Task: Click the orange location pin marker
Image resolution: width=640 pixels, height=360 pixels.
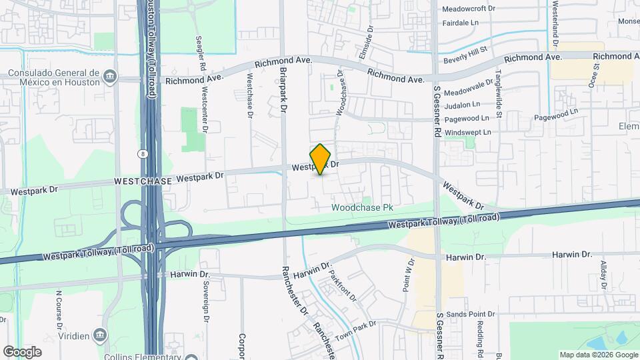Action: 321,159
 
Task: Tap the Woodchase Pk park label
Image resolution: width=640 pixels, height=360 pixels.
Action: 363,208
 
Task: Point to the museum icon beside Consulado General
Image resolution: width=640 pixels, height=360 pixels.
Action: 110,77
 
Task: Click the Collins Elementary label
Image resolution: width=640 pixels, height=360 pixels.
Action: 143,356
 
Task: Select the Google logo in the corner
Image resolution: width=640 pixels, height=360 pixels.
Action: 22,351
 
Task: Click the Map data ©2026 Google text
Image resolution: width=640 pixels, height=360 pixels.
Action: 597,355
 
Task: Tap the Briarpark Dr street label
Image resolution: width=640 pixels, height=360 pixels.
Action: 283,89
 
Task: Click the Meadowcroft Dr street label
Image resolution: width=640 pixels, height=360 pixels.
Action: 469,9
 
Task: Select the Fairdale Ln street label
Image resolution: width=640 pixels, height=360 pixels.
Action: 461,23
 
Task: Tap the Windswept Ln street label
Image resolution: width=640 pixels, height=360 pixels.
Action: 466,133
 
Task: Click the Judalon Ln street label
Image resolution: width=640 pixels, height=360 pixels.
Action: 461,105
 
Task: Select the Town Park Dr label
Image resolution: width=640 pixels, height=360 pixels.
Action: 357,330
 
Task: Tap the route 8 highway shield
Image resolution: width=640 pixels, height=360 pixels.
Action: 143,153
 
